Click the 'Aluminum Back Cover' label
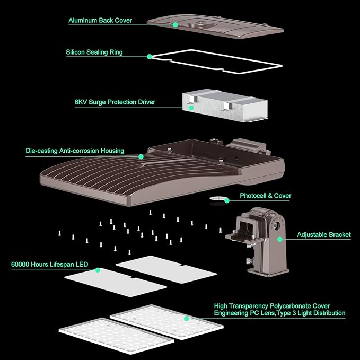(100, 21)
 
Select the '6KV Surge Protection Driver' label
(115, 102)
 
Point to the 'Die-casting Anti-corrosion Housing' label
(75, 151)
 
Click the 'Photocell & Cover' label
(266, 196)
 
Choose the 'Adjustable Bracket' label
(323, 235)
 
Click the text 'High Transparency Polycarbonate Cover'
(271, 306)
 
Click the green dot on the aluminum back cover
(175, 24)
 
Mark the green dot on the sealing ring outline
(150, 56)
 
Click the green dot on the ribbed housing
(141, 156)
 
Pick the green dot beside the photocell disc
(227, 200)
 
